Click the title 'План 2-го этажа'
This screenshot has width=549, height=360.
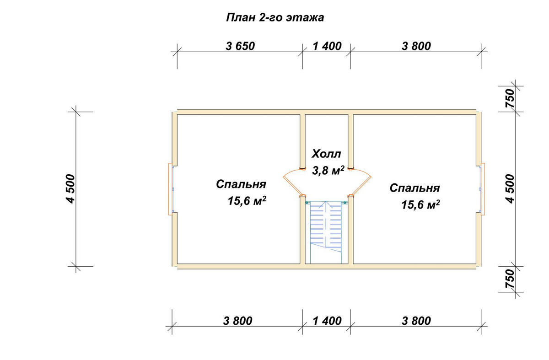[x=275, y=18]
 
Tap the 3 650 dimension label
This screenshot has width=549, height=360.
[x=240, y=46]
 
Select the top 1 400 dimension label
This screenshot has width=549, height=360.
[x=327, y=46]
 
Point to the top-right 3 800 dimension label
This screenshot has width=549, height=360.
[x=416, y=46]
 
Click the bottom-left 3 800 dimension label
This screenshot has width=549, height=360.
[x=237, y=321]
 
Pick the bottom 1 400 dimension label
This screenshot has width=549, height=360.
[x=327, y=321]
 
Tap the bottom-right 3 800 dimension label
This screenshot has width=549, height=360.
[x=416, y=321]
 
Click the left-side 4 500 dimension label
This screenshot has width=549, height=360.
[x=70, y=189]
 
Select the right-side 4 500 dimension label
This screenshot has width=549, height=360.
[x=510, y=189]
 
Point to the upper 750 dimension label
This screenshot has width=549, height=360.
[x=510, y=98]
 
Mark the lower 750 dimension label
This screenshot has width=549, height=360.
[x=510, y=279]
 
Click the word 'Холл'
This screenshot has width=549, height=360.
[x=326, y=154]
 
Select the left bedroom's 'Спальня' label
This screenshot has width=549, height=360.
[x=241, y=184]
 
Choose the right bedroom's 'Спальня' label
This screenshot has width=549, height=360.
[x=414, y=188]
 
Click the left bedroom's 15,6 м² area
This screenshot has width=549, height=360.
[x=247, y=201]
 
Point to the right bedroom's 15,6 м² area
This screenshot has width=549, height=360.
[x=420, y=204]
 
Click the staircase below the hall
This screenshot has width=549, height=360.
[x=326, y=232]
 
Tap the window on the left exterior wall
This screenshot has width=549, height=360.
[x=171, y=189]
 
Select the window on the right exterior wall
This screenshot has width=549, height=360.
[x=482, y=189]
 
